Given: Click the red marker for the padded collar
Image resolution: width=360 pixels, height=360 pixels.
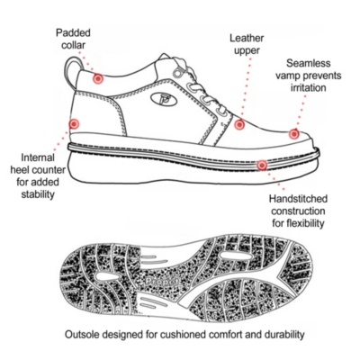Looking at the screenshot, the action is click(98, 79).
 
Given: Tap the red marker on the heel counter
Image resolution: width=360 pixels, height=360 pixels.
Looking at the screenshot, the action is click(74, 124).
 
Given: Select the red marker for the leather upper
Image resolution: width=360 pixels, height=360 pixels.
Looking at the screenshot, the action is click(239, 124).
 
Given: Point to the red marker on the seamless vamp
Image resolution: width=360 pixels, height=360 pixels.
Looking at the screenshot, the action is click(294, 134).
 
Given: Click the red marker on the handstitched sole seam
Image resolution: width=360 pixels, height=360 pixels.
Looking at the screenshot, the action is click(262, 165).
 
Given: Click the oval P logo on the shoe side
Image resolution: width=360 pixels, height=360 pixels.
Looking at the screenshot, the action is click(164, 98).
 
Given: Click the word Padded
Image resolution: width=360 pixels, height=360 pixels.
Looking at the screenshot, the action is click(73, 32).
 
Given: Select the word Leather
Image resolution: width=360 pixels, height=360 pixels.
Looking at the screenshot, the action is click(247, 38).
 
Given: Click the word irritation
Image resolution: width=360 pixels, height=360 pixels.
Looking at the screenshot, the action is click(308, 88).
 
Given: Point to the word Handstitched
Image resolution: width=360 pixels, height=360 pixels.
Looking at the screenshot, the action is click(298, 199).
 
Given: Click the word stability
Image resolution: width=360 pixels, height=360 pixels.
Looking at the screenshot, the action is click(38, 194).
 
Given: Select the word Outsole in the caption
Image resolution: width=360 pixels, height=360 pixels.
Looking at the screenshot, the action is click(82, 334).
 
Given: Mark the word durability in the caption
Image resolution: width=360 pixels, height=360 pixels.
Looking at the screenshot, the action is click(284, 335).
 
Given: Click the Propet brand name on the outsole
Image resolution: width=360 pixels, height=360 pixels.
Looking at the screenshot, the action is click(162, 281).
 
